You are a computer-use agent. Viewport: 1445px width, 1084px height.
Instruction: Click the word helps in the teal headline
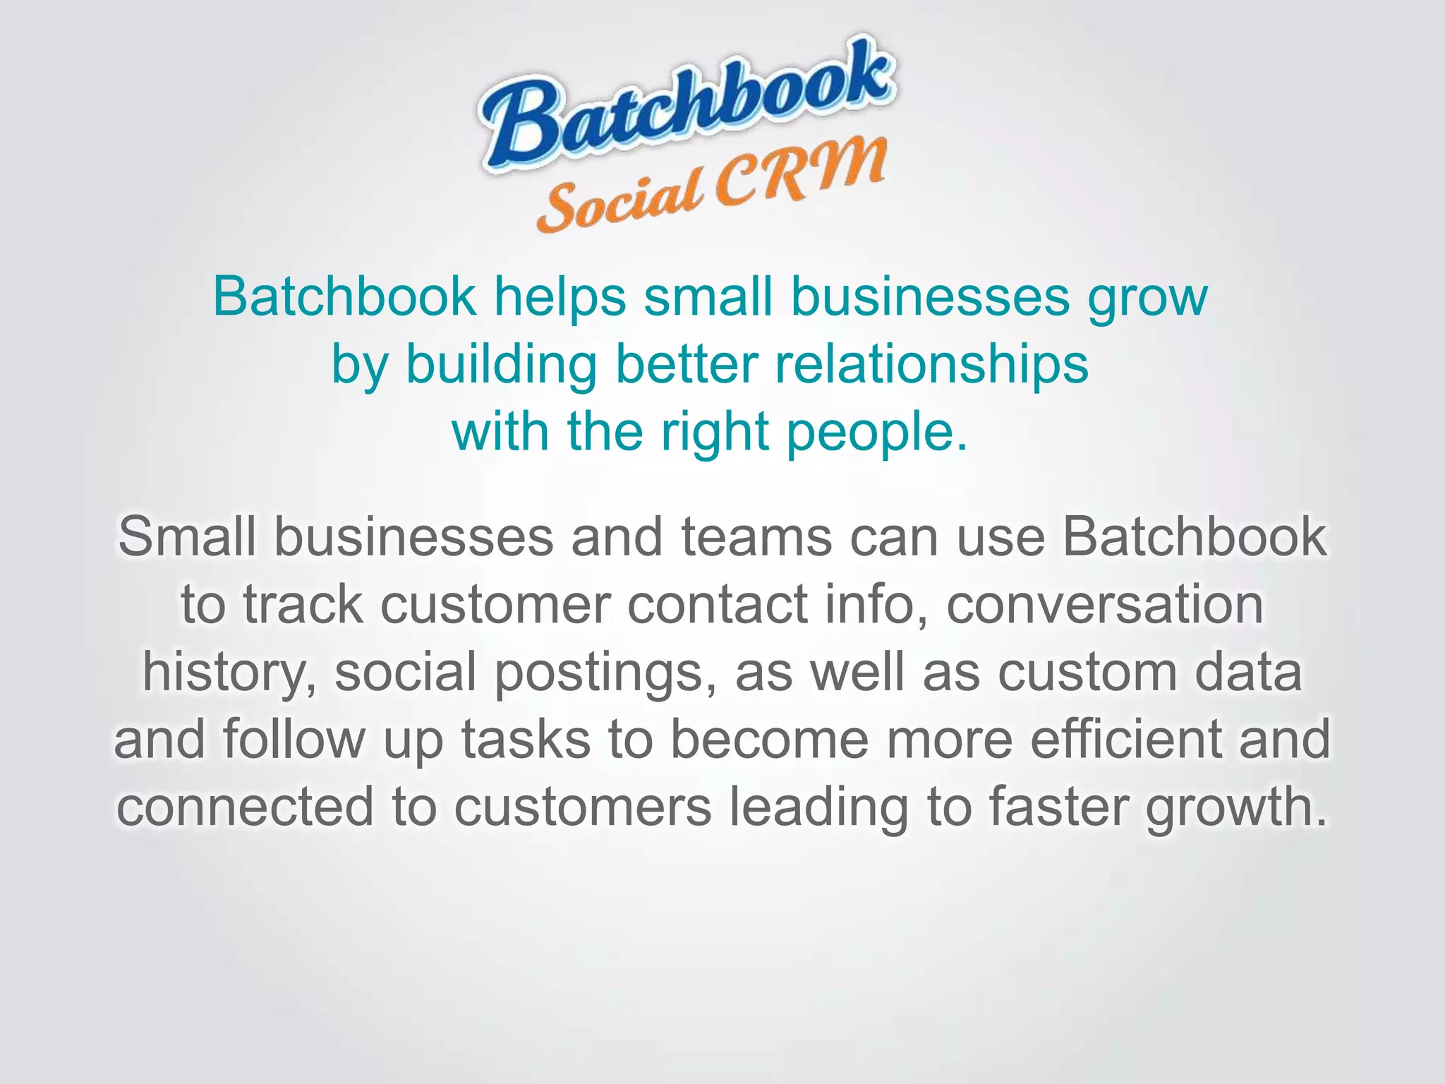coord(560,296)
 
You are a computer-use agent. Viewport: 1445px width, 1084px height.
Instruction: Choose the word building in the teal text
coord(501,365)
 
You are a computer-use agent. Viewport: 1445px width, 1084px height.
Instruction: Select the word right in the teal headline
coord(713,432)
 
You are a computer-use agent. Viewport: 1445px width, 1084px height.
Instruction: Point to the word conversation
coord(1105,605)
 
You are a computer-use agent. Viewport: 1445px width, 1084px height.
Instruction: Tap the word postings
coord(599,673)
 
